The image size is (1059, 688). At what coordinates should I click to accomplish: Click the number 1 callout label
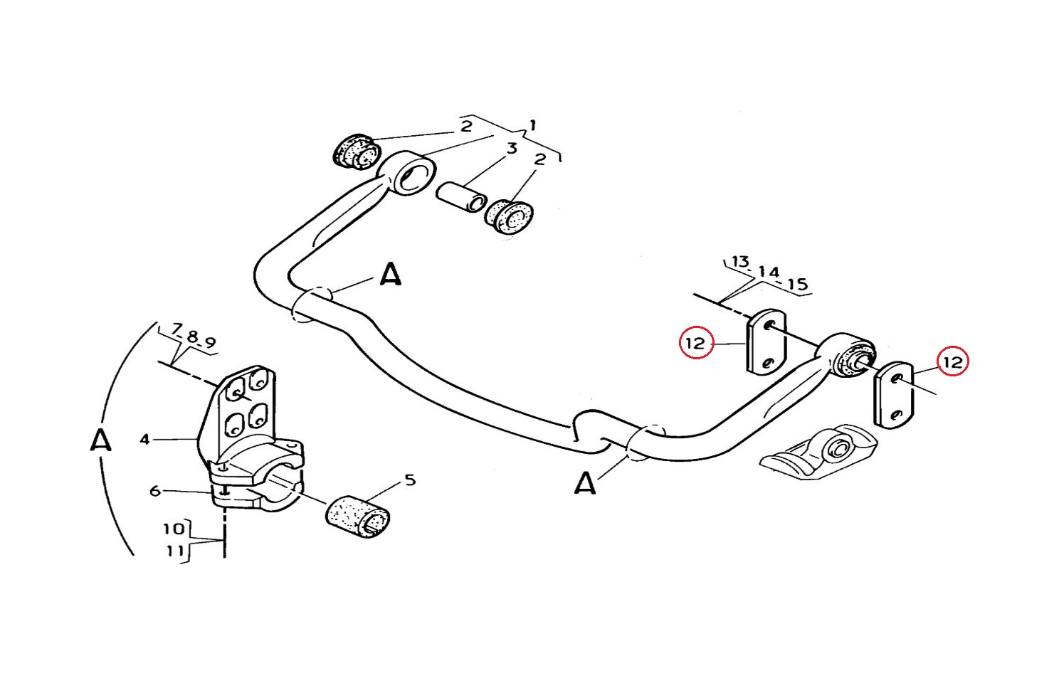coord(533,126)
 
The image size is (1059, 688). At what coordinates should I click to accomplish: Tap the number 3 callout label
coord(512,149)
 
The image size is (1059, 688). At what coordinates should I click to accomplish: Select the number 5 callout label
coord(410,480)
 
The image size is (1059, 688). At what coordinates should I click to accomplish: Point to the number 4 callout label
coord(144,440)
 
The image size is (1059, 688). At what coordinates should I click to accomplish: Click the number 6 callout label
coord(155,491)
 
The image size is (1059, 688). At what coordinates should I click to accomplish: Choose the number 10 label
coord(174,529)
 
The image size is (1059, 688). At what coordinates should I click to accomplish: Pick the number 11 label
coord(174,551)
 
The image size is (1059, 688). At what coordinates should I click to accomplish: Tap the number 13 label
coord(740,261)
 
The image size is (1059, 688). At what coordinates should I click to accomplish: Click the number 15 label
coord(798,284)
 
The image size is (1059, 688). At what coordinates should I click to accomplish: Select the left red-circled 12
coord(695,343)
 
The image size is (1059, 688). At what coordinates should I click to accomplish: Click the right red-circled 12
coord(953,362)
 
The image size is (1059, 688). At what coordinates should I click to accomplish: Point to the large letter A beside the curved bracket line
coord(100,440)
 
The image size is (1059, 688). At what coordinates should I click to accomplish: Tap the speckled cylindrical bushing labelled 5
coord(358,517)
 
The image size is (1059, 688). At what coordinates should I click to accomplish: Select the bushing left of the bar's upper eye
coord(357,150)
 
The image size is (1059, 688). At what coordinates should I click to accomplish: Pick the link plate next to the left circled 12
coord(766,342)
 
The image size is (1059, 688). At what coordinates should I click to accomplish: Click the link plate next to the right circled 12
coord(894,395)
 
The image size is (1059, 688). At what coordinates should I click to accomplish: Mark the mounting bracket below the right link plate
coord(818,453)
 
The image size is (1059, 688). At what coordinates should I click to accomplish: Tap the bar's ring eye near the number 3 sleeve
coord(411,173)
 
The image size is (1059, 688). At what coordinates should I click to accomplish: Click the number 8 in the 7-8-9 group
coord(192,337)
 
